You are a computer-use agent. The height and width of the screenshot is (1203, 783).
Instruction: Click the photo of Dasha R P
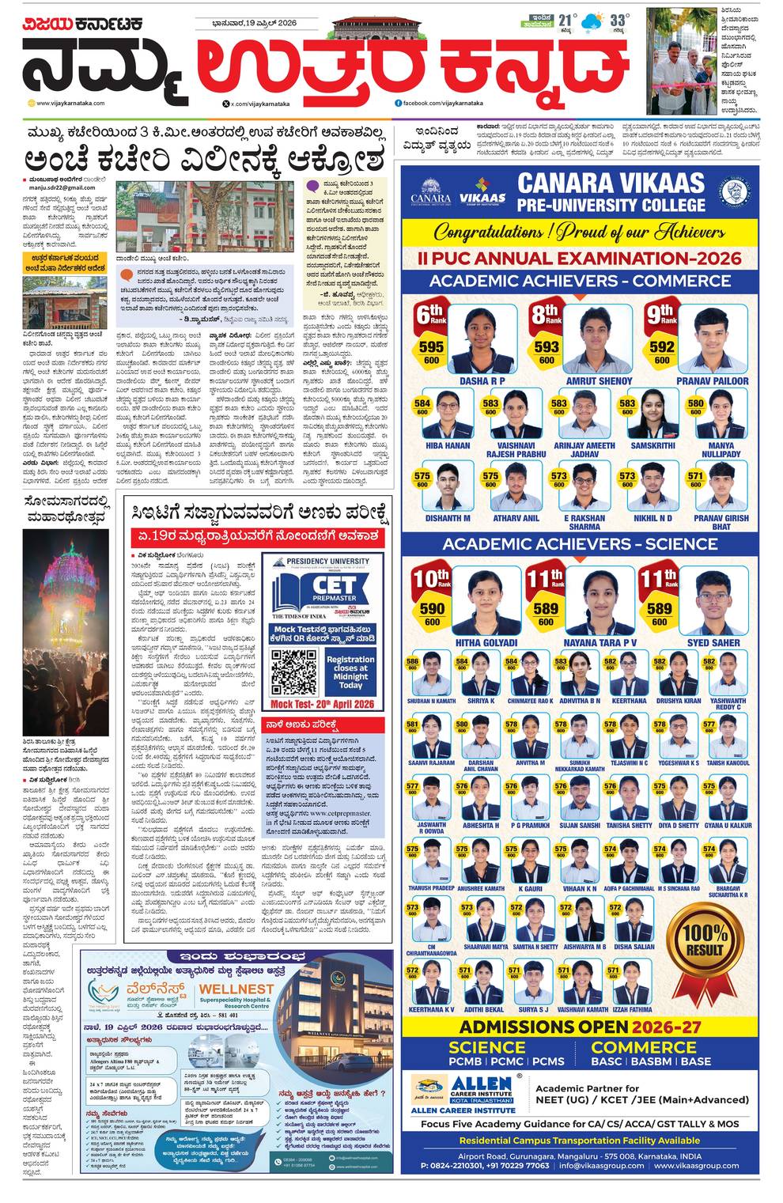(x=482, y=340)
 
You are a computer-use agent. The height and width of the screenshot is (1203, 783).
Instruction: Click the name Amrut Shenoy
(x=599, y=380)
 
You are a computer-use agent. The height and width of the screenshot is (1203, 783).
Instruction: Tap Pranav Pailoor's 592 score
(x=661, y=346)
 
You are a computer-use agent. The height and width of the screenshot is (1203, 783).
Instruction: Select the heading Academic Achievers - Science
(x=580, y=544)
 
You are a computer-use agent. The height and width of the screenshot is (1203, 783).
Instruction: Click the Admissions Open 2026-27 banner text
(x=580, y=1027)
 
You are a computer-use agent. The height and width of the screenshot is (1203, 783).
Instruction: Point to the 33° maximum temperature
(x=619, y=20)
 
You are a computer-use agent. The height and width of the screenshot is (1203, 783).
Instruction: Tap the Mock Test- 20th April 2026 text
(x=322, y=704)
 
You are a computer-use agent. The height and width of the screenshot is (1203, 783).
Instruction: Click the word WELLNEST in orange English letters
(x=236, y=989)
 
